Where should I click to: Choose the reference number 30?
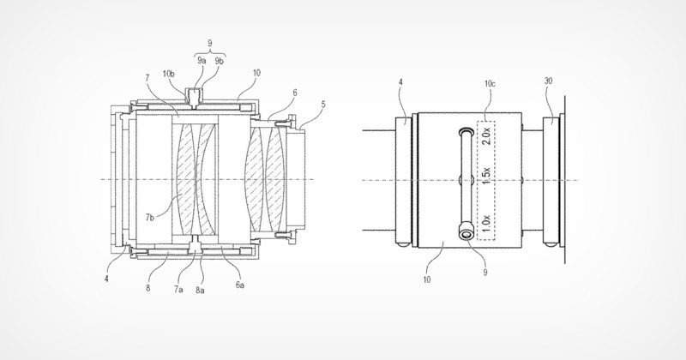(x=549, y=81)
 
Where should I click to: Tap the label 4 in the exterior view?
(x=400, y=83)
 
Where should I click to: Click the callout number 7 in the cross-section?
(x=147, y=78)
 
